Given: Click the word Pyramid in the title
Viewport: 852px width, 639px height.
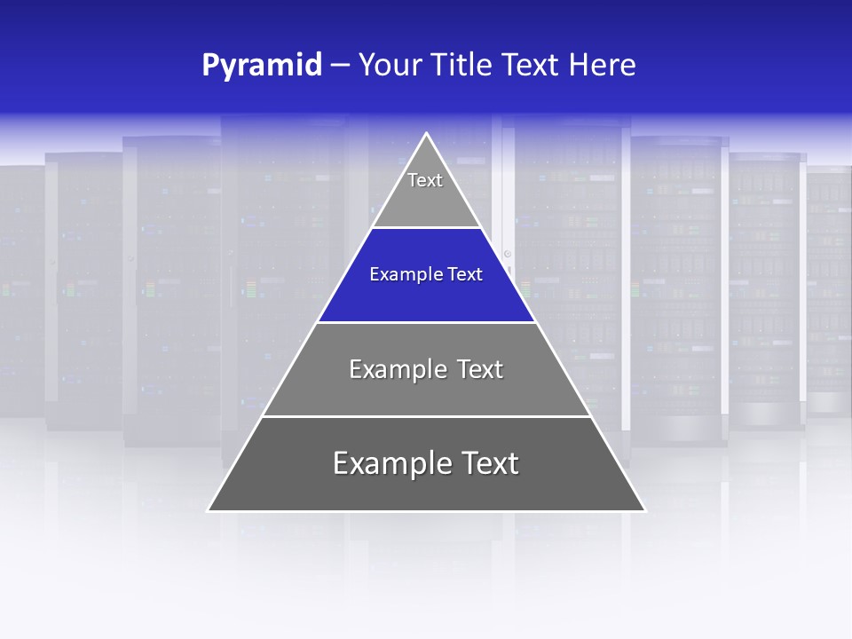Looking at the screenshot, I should pos(262,66).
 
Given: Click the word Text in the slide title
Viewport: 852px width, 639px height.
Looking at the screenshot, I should pos(531,65).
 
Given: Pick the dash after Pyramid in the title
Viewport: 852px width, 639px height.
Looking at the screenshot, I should pos(340,66).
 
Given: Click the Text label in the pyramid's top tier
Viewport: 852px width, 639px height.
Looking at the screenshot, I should pos(425,180).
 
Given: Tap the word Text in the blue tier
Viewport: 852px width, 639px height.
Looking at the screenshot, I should pos(466,274).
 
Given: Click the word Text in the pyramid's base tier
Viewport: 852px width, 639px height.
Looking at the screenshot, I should pos(486,463).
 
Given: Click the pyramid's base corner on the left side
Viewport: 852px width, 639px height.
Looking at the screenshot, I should pos(209,510).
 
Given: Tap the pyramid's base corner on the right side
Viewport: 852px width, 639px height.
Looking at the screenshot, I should pos(645,510).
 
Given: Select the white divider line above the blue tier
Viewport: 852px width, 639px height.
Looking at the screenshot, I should pos(427,228).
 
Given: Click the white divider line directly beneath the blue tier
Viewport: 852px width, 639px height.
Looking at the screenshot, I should pos(427,322).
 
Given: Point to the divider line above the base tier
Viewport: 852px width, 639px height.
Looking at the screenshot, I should pos(427,416).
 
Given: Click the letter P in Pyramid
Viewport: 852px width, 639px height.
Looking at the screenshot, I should pos(209,66).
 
